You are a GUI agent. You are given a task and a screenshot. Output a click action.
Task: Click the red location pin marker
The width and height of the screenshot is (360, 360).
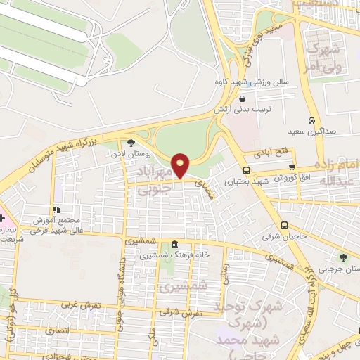pos(181,165)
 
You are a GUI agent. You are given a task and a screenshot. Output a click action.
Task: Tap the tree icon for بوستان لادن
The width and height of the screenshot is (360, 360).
pos(131,143)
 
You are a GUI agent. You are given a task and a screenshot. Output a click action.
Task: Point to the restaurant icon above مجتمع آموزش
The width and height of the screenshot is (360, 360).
pos(56,210)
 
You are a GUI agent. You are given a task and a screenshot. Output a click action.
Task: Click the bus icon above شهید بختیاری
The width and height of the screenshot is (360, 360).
pos(246,170)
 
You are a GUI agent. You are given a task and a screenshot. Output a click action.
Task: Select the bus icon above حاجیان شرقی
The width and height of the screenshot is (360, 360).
pos(283,225)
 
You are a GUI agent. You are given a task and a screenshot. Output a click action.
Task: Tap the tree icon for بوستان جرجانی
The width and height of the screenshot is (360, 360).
pos(342,257)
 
